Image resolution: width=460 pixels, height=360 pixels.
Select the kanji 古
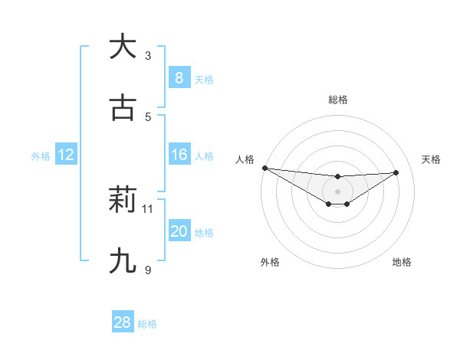click(x=123, y=109)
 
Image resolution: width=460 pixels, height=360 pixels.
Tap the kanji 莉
click(x=123, y=201)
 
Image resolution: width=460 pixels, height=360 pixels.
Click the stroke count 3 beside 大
click(x=148, y=55)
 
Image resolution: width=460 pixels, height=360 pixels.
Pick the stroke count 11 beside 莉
click(x=148, y=208)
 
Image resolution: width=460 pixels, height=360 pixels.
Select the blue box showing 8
click(x=179, y=77)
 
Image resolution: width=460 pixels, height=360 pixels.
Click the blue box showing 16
click(x=179, y=155)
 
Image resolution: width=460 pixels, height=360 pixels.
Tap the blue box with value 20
click(x=179, y=232)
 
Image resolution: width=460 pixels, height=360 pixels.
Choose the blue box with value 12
click(x=65, y=155)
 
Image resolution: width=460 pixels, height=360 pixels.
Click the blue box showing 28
click(x=122, y=322)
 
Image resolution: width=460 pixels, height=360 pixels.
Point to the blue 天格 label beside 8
click(x=204, y=80)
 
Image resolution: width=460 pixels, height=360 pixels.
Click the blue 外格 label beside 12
click(x=41, y=156)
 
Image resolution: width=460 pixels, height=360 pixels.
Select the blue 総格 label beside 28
click(x=147, y=324)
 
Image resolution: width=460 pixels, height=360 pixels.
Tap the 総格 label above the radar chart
click(x=337, y=100)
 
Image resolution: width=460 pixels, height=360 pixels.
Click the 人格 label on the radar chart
click(x=245, y=159)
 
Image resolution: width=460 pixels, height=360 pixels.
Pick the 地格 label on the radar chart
click(x=402, y=262)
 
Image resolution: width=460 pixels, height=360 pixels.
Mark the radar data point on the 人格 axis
click(x=264, y=168)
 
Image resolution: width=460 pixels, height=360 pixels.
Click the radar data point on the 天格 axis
click(x=396, y=172)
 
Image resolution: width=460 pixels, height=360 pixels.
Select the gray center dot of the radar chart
click(x=337, y=191)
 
